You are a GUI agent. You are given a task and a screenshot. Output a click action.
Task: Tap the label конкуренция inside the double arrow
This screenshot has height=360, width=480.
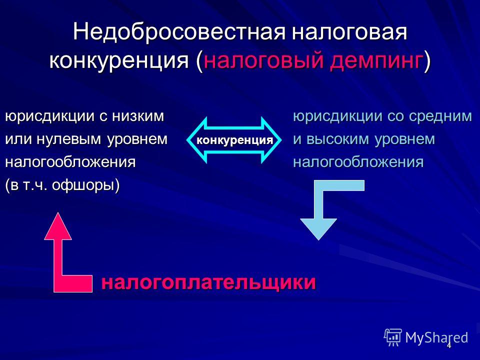click(234, 140)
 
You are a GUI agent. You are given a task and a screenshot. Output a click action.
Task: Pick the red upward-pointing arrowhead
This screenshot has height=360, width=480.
click(58, 226)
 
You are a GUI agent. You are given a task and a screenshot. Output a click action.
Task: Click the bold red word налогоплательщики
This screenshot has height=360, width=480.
click(208, 281)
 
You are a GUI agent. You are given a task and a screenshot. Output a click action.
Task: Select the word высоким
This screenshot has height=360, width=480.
click(338, 139)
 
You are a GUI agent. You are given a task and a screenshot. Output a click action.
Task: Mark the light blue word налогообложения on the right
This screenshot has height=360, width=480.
click(358, 162)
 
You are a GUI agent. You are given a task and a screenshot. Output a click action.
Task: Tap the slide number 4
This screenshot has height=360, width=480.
click(449, 346)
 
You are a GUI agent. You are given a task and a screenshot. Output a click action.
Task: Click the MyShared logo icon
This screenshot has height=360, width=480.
click(393, 337)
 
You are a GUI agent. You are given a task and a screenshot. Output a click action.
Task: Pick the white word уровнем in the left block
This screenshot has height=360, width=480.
click(137, 139)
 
